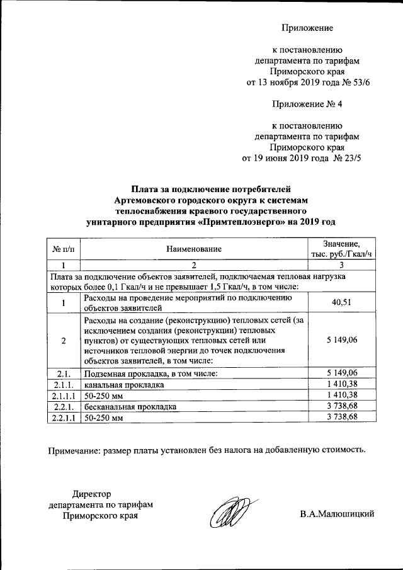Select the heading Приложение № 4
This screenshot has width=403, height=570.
click(x=307, y=103)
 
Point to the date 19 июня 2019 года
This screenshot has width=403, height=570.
click(x=290, y=159)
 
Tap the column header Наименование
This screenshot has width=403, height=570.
click(x=194, y=250)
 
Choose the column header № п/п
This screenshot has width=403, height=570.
click(x=64, y=250)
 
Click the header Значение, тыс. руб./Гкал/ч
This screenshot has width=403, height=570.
click(x=341, y=249)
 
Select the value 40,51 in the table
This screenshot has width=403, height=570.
click(x=341, y=303)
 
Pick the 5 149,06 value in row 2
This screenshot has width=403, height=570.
click(x=341, y=340)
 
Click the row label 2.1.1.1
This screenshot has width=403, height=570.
click(x=64, y=395)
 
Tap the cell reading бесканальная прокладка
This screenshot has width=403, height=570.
click(x=128, y=406)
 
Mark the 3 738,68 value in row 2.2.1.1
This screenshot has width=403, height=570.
click(x=341, y=418)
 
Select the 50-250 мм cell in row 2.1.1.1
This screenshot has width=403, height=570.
click(x=102, y=395)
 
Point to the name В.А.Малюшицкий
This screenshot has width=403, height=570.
click(x=337, y=515)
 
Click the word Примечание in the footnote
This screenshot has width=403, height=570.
click(x=75, y=450)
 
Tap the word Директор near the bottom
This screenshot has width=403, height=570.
click(x=92, y=493)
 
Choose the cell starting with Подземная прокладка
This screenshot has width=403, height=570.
click(x=150, y=373)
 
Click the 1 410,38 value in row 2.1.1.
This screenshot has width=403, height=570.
click(x=341, y=384)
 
